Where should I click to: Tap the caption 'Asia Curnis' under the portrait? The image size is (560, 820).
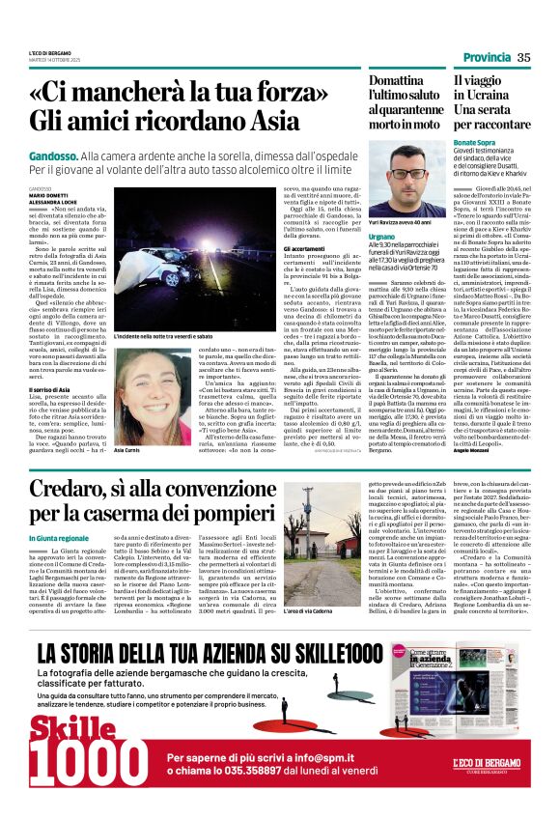(x=126, y=451)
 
